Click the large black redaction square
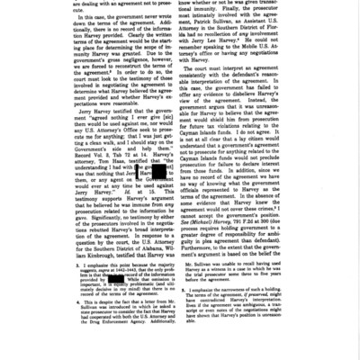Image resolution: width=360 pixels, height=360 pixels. coord(158,171)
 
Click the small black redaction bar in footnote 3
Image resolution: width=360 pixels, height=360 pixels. coord(115,279)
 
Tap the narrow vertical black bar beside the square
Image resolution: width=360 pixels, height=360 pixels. coord(137,171)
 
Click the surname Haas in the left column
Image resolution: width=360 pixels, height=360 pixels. coord(101,151)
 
